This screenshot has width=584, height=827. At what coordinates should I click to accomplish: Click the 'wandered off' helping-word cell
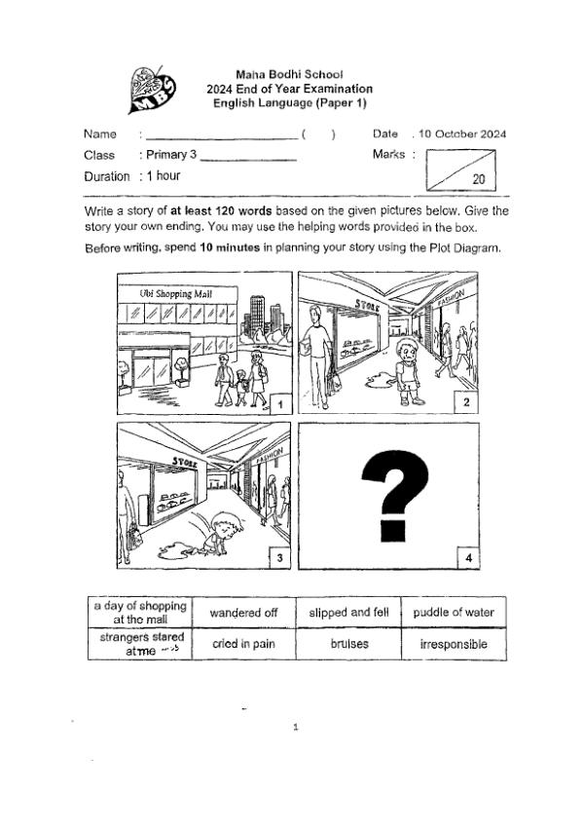coord(243,613)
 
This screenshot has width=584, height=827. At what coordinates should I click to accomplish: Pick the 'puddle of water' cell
coord(454,613)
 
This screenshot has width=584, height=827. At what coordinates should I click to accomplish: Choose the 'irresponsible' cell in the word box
coord(454,645)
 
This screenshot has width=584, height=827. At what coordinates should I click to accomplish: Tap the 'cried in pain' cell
coord(243,645)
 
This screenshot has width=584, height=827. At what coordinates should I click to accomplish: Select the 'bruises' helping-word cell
coord(348,645)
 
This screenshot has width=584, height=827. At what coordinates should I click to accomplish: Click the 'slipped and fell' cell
coord(348,613)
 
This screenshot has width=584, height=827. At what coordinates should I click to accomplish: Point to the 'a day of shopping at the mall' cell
coord(139,613)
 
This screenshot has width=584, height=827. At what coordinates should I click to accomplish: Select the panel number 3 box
coord(279,557)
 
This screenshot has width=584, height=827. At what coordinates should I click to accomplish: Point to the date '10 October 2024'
coord(463,133)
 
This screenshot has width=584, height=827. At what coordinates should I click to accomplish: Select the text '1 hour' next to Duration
coord(163,176)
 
